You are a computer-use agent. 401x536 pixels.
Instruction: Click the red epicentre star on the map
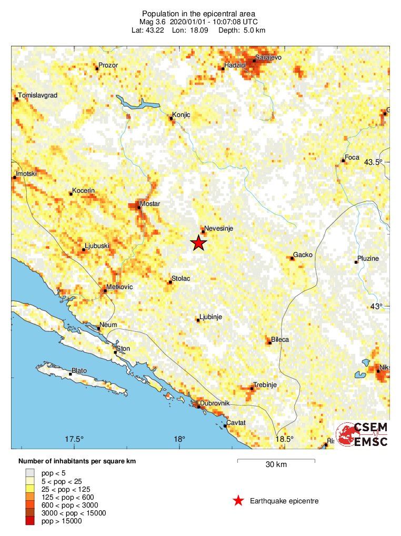[x=198, y=243]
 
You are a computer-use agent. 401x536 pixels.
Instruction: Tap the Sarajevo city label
[x=268, y=56]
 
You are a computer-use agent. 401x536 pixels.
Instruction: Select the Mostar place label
[x=150, y=203]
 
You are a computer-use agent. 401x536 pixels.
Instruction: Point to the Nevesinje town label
[x=218, y=229]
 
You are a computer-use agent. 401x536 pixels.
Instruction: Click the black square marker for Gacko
[x=292, y=258]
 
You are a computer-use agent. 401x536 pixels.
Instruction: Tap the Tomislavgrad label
[x=37, y=95]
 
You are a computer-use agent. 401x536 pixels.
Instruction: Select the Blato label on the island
[x=79, y=370]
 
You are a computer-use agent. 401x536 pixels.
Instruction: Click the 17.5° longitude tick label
[x=74, y=439]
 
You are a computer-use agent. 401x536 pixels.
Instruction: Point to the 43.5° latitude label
[x=373, y=162]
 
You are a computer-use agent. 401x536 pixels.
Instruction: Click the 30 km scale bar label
[x=276, y=464]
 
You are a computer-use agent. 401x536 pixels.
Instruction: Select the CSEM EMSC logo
[x=362, y=434]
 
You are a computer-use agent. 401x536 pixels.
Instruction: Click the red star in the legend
[x=238, y=501]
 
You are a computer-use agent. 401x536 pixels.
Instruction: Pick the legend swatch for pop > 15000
[x=30, y=521]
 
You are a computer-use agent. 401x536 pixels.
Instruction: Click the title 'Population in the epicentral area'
[x=198, y=13]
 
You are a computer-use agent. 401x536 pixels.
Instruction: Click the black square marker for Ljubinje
[x=198, y=320]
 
